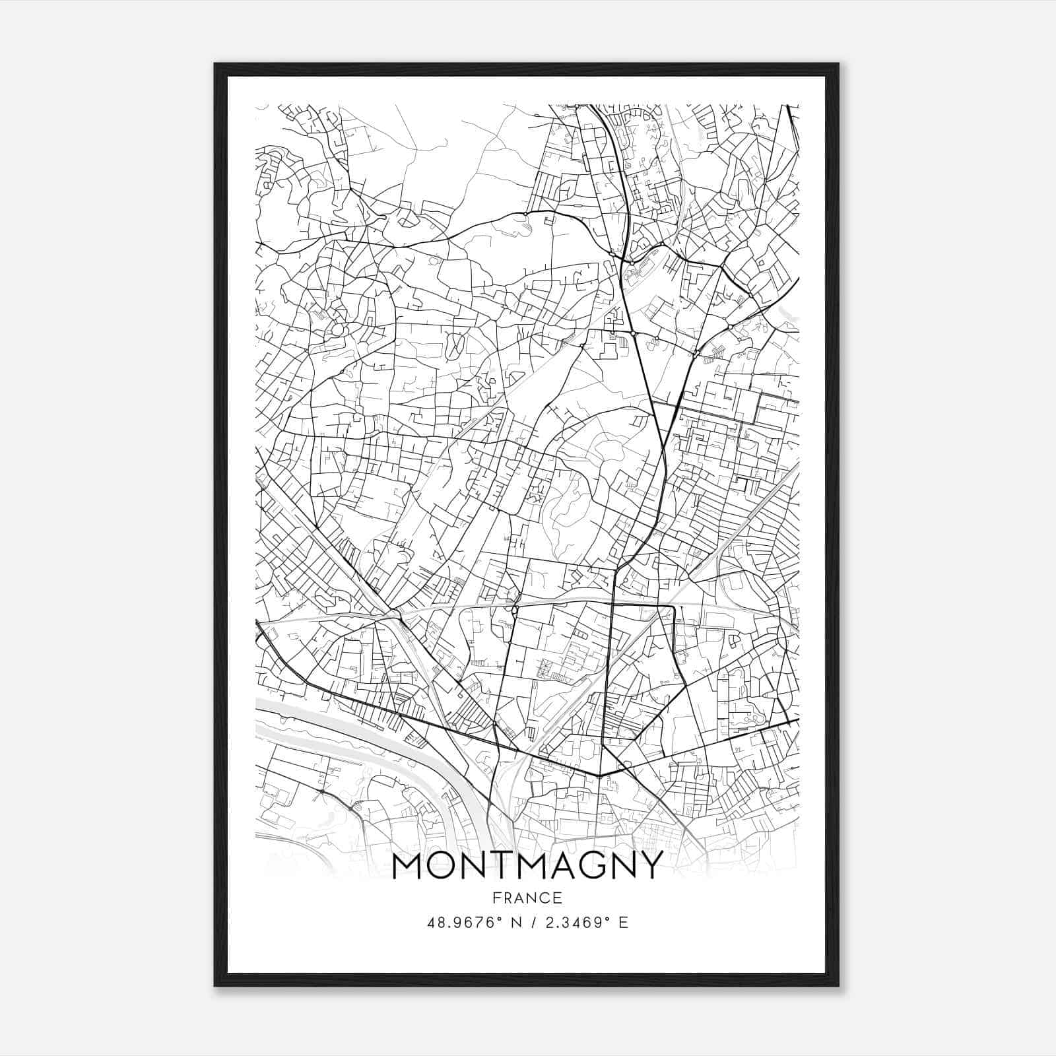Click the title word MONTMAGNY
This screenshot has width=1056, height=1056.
(x=527, y=865)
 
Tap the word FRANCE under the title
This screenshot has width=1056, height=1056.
(x=527, y=898)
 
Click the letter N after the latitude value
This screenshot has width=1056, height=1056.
(x=516, y=923)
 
